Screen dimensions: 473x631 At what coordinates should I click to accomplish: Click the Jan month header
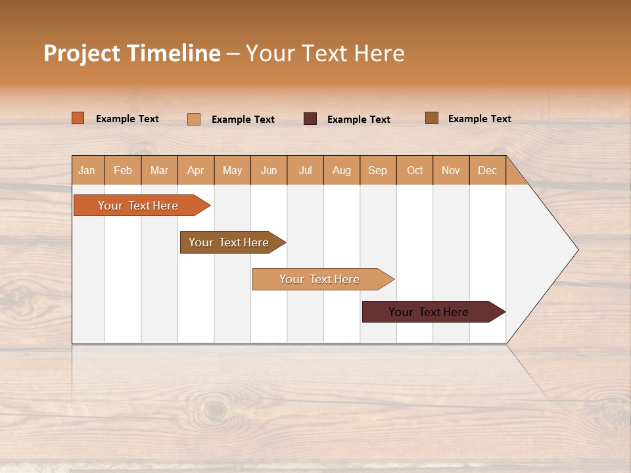coord(87,170)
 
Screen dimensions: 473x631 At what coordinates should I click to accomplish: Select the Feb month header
coord(123,170)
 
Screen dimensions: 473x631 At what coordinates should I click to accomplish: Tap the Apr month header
coord(196,170)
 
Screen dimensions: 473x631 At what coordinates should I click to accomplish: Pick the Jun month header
coord(269,170)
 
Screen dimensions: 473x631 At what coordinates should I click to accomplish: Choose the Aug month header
coord(342,170)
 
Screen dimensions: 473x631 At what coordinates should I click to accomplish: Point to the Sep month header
coord(378,170)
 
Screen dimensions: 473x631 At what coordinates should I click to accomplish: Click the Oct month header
coord(415,170)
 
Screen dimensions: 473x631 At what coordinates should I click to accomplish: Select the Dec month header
coord(488,170)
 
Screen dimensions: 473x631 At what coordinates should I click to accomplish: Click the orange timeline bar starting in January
coord(138,206)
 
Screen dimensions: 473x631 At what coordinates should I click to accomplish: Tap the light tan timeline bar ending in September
coord(320,279)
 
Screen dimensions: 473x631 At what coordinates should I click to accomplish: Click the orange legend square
coord(78,118)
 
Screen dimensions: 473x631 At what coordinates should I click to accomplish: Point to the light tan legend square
coord(194,119)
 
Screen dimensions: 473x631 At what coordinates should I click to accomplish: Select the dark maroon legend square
coord(310,119)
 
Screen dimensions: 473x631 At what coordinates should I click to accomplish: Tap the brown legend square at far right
coord(432,118)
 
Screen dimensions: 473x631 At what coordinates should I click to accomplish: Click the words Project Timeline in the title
coord(132,53)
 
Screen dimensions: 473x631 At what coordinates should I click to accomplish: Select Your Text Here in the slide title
coord(325,53)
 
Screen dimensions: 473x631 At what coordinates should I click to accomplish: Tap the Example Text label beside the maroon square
coord(359,120)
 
